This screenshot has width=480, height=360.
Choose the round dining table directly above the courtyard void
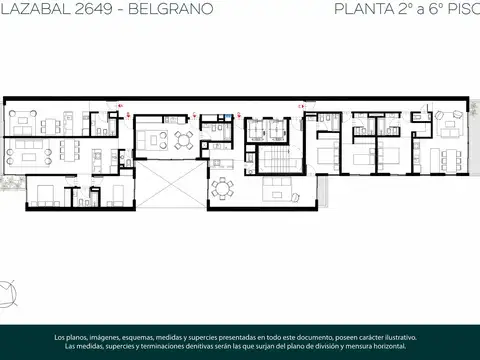pos(182,138)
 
